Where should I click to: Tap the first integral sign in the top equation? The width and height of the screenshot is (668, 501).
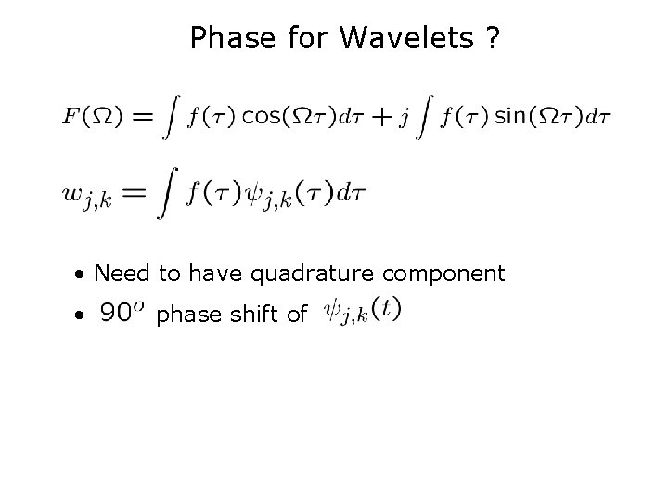tap(169, 117)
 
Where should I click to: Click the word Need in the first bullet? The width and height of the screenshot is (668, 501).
tap(115, 274)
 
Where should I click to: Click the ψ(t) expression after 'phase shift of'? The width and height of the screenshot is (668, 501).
tap(362, 312)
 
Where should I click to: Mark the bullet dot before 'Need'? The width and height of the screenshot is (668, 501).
tap(83, 276)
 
